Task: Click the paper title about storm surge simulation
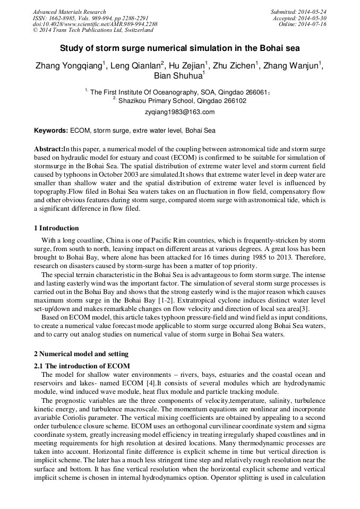[179, 48]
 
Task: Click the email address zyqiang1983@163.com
[179, 112]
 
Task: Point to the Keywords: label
[51, 130]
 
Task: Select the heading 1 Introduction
[56, 228]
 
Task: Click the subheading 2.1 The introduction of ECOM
[82, 366]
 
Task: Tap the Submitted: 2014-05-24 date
[298, 12]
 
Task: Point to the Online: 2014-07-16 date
[303, 24]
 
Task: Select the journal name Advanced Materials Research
[69, 12]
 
